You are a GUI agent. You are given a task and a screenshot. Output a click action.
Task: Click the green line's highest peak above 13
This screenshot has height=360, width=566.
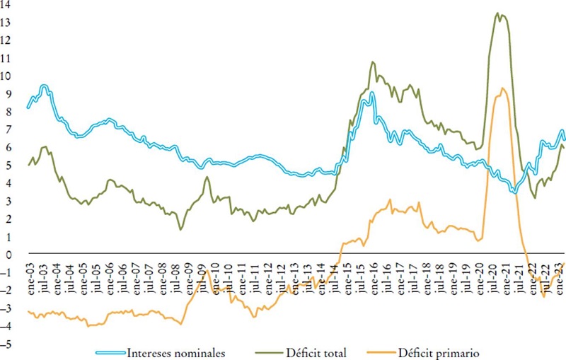(498, 13)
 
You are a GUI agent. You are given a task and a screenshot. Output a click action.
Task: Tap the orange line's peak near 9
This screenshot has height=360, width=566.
(502, 88)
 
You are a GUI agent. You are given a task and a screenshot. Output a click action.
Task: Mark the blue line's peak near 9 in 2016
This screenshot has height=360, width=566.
(371, 93)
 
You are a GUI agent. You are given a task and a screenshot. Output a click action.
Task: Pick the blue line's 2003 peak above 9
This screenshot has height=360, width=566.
(44, 86)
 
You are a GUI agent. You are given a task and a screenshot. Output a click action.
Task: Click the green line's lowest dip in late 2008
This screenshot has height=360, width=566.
(181, 229)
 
